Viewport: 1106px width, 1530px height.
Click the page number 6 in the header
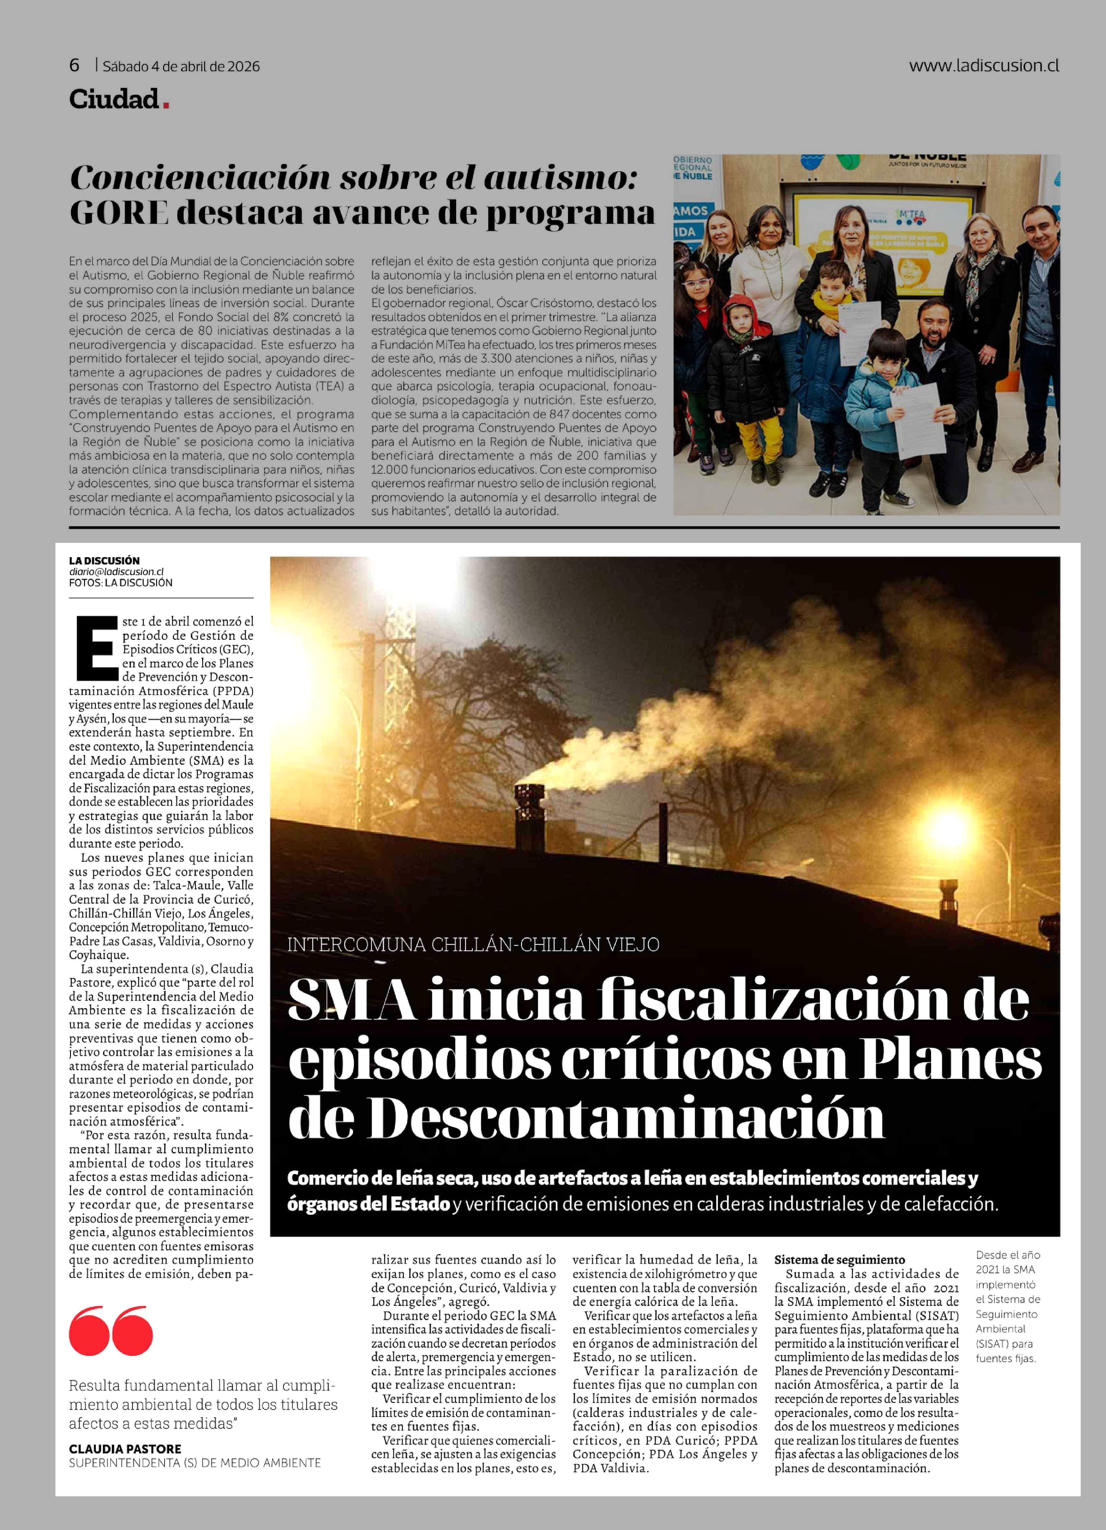[x=74, y=65]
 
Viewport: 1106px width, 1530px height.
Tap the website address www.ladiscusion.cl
[x=983, y=65]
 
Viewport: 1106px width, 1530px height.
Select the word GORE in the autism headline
[x=119, y=213]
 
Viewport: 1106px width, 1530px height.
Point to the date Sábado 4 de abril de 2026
[x=181, y=66]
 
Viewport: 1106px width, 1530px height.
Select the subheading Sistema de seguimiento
[x=839, y=1260]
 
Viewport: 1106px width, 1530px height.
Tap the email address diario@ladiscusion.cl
[x=116, y=571]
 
